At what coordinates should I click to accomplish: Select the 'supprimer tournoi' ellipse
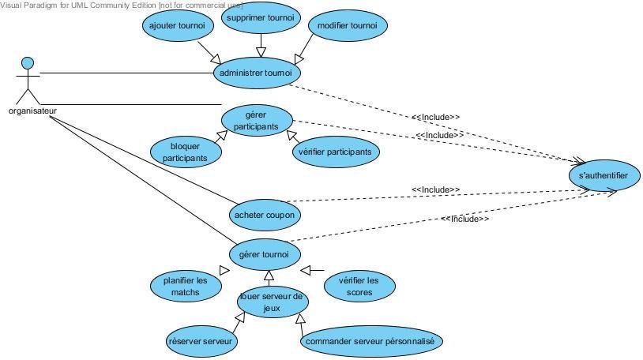[x=259, y=18]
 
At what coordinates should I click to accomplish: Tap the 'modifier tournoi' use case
[x=347, y=25]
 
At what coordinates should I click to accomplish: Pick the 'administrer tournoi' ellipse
[x=256, y=73]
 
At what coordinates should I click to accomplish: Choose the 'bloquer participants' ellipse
[x=185, y=152]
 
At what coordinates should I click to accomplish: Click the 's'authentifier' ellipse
[x=604, y=176]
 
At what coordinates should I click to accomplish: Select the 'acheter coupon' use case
[x=267, y=214]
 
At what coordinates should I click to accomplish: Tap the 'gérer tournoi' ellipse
[x=265, y=254]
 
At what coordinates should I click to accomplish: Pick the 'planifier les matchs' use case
[x=185, y=286]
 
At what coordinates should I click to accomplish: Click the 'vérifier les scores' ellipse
[x=358, y=286]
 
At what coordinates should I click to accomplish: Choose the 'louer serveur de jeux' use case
[x=273, y=301]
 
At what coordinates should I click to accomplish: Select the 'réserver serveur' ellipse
[x=201, y=341]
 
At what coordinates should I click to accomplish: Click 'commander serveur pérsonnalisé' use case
[x=371, y=341]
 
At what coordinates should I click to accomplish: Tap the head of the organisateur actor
[x=28, y=63]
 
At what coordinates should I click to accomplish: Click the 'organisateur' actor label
[x=32, y=111]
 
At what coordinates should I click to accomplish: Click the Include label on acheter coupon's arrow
[x=435, y=189]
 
